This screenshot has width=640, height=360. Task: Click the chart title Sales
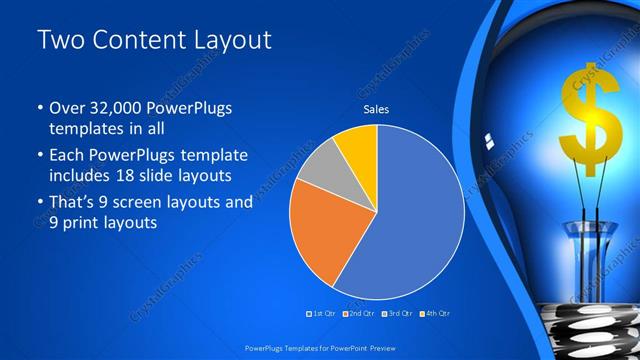click(376, 110)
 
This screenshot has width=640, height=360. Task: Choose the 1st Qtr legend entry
click(321, 314)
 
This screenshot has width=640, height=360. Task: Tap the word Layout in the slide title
click(231, 40)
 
